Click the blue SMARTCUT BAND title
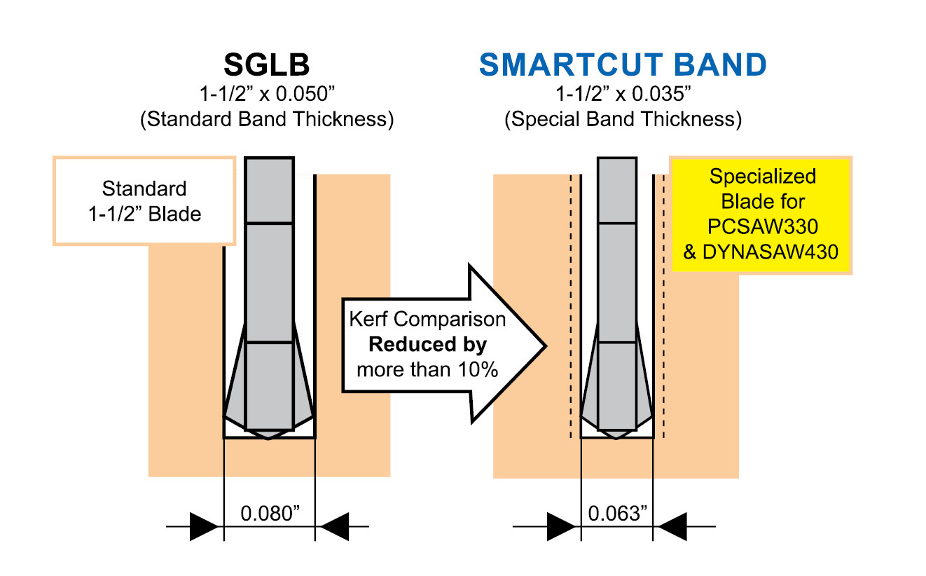click(x=623, y=64)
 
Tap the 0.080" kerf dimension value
click(x=270, y=513)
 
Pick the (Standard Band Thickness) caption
click(x=266, y=119)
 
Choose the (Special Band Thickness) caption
click(x=623, y=119)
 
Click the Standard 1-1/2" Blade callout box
click(x=144, y=200)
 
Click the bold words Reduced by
click(x=427, y=345)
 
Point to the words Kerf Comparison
click(x=427, y=320)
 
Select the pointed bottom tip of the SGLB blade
click(x=269, y=438)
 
